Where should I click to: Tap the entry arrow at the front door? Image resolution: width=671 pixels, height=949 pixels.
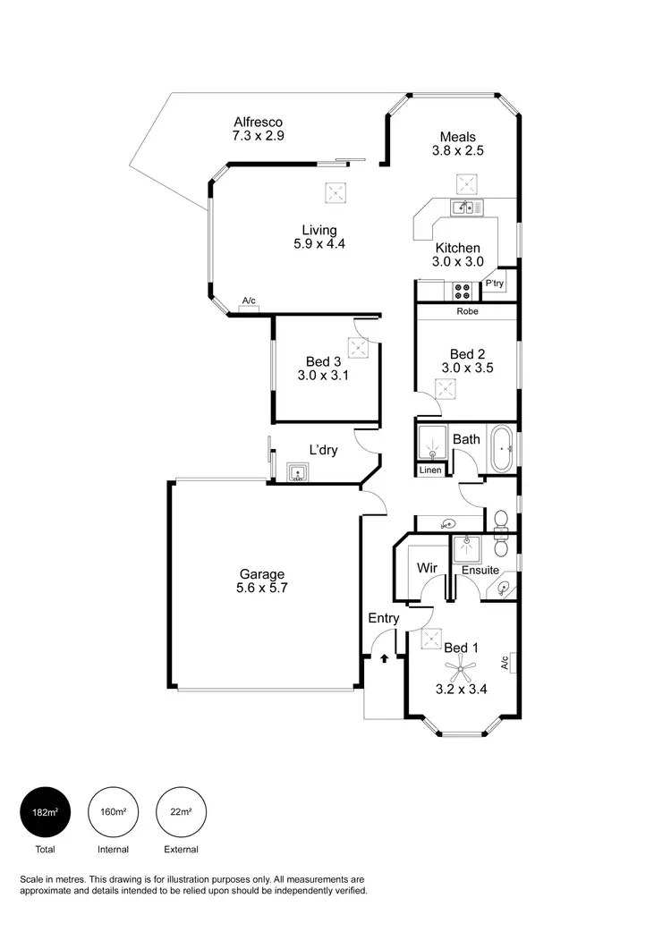tap(385, 658)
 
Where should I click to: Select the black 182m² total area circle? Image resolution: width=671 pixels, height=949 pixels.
tap(45, 811)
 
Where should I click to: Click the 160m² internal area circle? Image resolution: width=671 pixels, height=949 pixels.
tap(113, 811)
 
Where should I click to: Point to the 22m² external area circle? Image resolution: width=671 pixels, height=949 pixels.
tap(181, 811)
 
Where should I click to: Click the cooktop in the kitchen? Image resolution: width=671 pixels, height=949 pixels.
tap(463, 290)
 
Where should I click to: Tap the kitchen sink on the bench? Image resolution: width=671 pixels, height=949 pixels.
tap(465, 208)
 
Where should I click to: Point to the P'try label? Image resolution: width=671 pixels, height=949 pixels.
tap(495, 284)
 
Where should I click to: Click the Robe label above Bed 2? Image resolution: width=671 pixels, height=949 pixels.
tap(467, 312)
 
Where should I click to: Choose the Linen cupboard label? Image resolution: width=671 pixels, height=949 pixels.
tap(430, 470)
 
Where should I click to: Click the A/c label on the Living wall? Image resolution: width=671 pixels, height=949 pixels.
tap(248, 301)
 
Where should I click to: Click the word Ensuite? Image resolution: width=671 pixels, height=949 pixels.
tap(480, 570)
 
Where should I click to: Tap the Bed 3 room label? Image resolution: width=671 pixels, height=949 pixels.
tap(323, 361)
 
